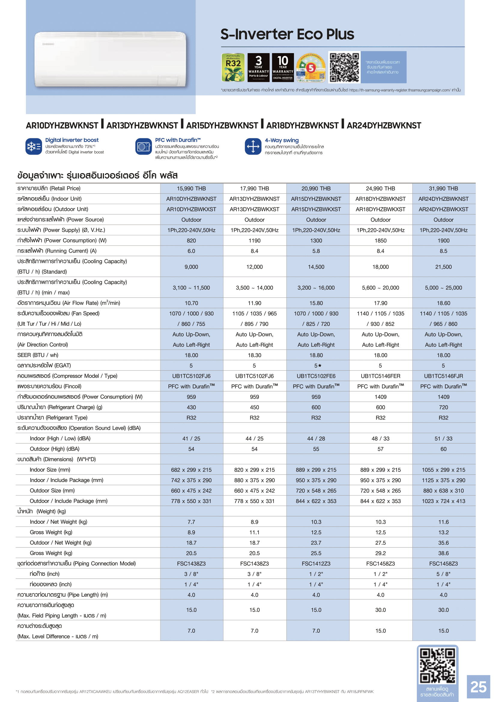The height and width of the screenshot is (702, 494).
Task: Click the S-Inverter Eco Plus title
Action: click(287, 34)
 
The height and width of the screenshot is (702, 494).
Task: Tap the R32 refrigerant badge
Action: click(233, 67)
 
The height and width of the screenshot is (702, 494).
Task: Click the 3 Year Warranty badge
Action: click(259, 67)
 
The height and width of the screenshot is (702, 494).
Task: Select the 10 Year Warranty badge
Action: click(283, 67)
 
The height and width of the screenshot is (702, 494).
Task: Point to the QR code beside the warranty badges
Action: click(344, 67)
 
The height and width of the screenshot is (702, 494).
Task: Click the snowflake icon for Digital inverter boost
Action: click(34, 146)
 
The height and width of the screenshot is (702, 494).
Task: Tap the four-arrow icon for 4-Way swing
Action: click(253, 146)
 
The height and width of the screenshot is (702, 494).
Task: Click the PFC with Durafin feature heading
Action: click(178, 140)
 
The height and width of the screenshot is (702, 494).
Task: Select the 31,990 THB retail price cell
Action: click(443, 188)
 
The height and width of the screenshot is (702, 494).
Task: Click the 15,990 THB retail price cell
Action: click(191, 188)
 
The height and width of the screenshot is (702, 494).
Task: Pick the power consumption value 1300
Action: click(316, 241)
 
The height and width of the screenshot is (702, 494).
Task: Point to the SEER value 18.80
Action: click(316, 355)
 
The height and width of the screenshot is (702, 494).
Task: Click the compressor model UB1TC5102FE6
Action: click(316, 376)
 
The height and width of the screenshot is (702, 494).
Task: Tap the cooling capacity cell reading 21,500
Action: click(443, 267)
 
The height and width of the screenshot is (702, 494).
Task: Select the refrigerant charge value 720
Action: click(443, 407)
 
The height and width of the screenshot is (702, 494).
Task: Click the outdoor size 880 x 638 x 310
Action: click(443, 490)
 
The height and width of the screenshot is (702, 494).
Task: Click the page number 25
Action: click(478, 687)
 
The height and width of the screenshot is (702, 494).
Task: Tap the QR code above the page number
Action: click(437, 666)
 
